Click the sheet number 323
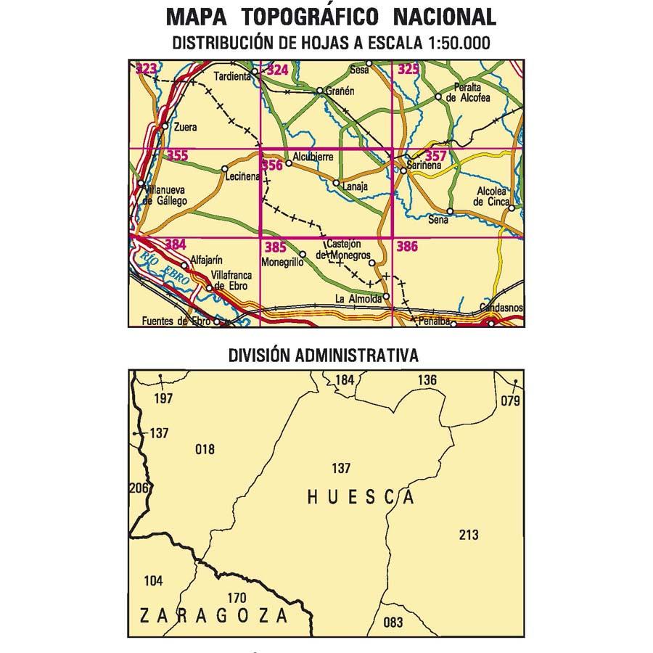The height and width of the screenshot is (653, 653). tap(147, 69)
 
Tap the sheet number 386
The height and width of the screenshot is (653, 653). tap(407, 247)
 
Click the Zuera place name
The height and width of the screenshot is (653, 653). tap(186, 128)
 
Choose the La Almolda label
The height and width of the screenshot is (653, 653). tap(358, 298)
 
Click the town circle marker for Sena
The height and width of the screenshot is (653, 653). tap(450, 211)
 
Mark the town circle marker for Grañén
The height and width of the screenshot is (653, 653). tap(320, 91)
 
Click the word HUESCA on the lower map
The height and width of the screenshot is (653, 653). tap(361, 497)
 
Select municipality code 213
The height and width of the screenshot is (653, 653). tap(469, 535)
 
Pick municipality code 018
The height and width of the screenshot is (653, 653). tap(205, 449)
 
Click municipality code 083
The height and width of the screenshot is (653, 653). tap(393, 622)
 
